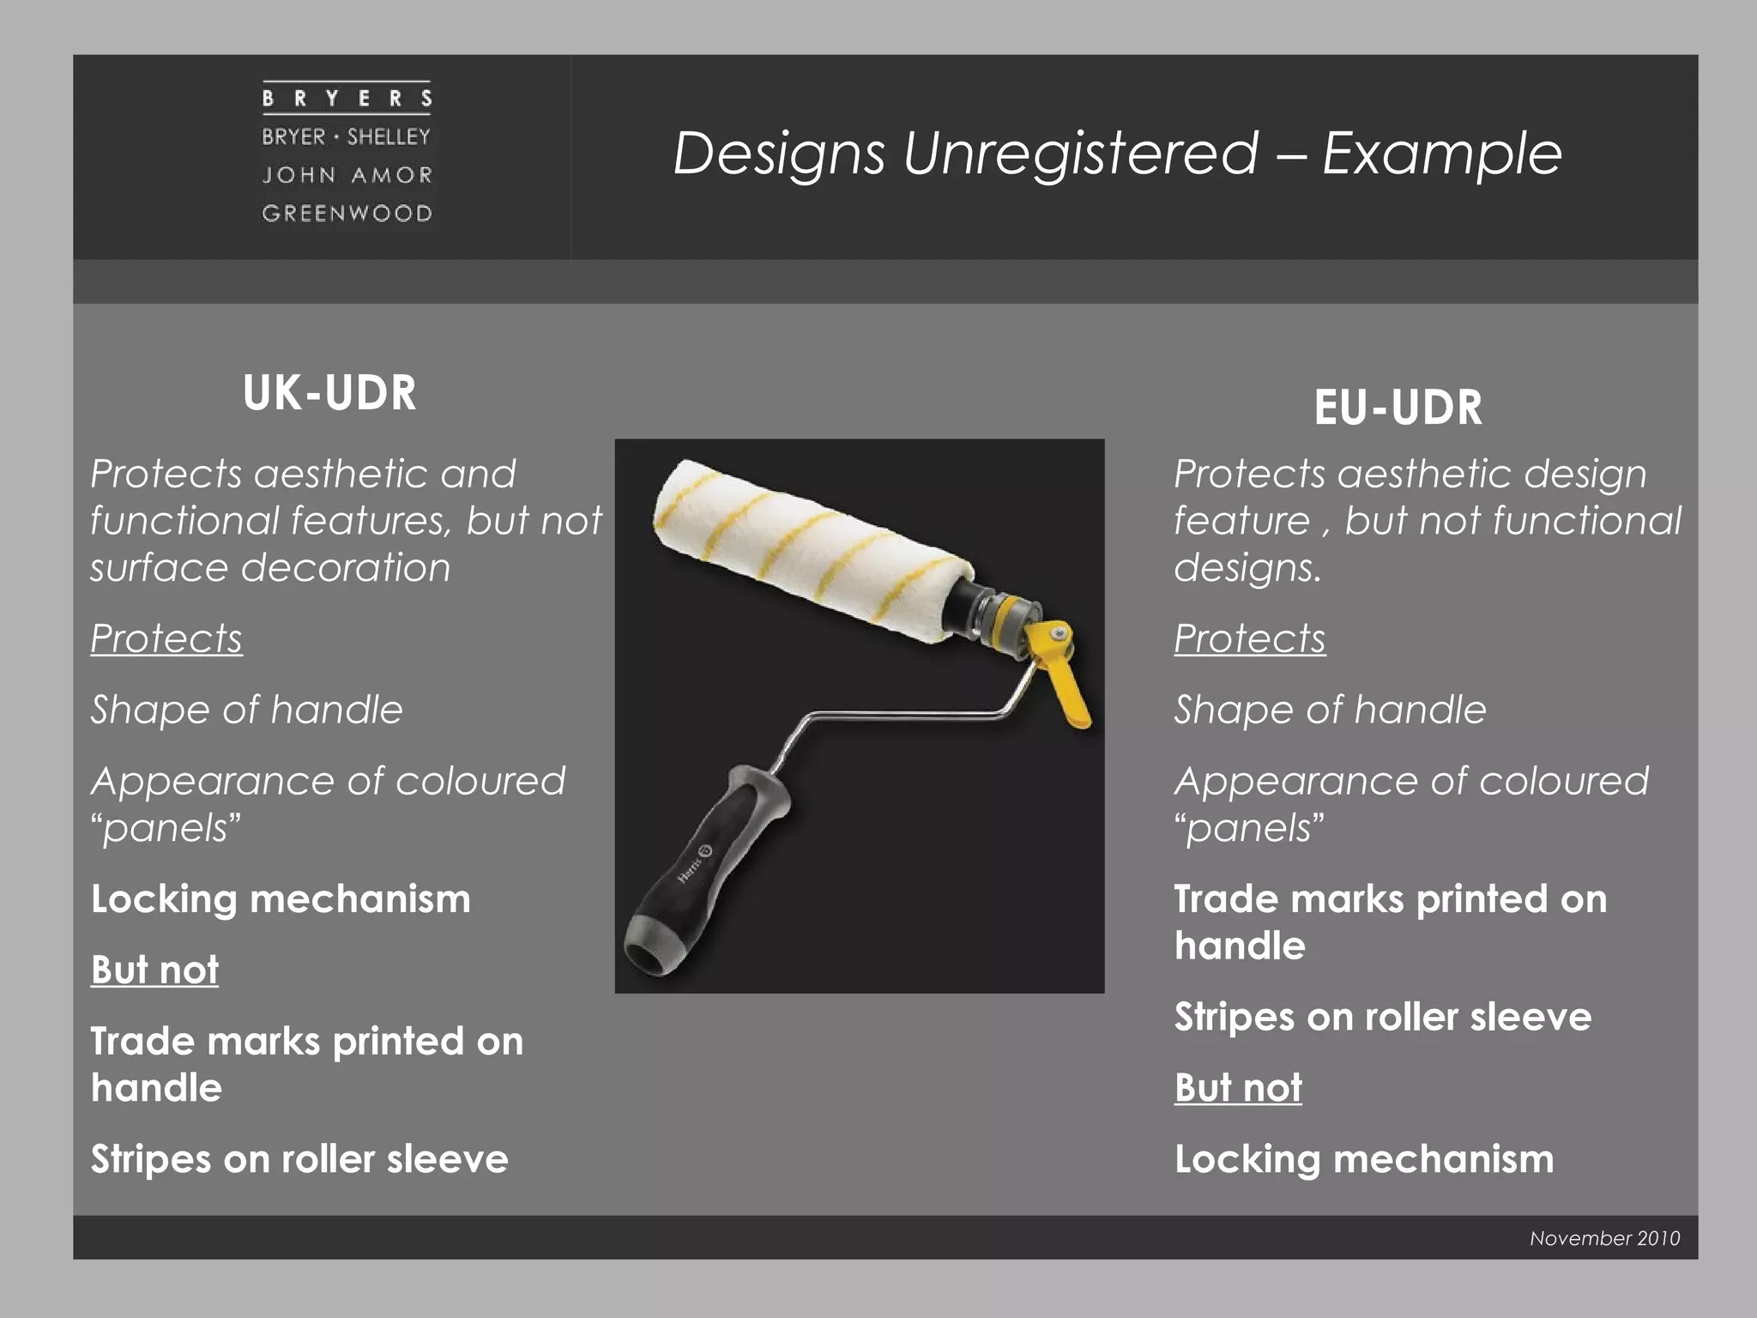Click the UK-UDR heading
(329, 393)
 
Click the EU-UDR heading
(1398, 408)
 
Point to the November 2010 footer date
(1604, 1238)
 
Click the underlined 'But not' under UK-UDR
(154, 970)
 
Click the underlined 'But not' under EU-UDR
(1238, 1088)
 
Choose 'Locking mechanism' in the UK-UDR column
(281, 899)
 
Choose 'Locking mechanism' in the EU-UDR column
(1364, 1159)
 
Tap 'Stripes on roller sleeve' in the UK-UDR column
(299, 1159)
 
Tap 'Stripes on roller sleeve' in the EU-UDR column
(1383, 1018)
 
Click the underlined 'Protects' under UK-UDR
(166, 638)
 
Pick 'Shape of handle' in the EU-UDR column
(1330, 710)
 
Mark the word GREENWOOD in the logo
(347, 213)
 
